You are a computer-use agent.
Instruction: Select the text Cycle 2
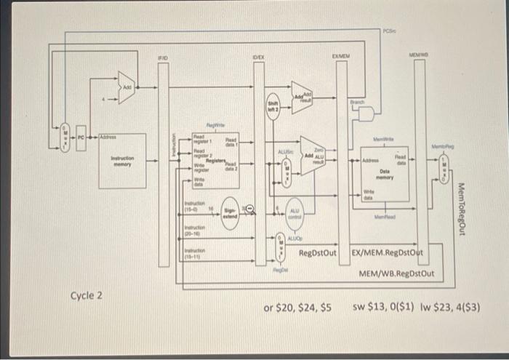[87, 295]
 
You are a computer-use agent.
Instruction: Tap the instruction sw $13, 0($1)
[382, 308]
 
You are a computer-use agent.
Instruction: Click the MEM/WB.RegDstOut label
[396, 273]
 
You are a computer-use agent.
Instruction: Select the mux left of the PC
[63, 136]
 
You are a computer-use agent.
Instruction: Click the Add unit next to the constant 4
[127, 87]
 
